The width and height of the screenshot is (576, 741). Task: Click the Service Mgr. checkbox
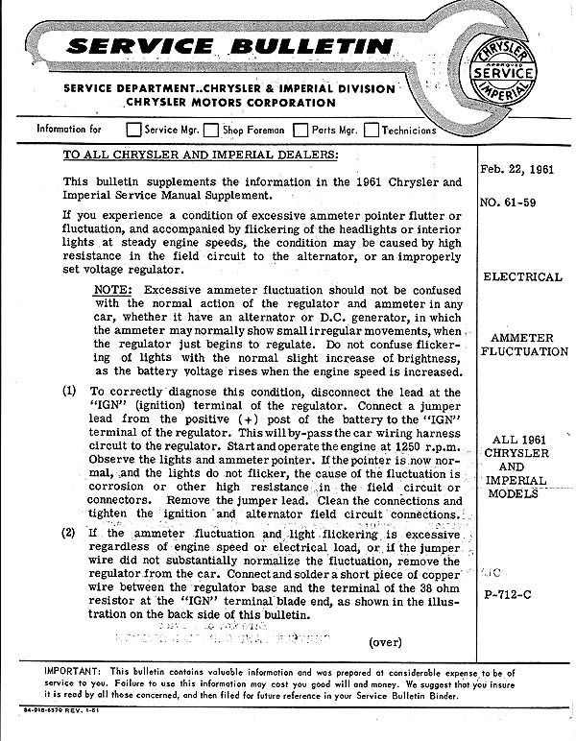point(134,130)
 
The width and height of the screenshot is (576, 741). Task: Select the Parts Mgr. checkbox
point(300,130)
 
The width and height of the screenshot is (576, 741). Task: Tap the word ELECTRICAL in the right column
point(522,276)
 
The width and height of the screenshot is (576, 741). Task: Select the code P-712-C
point(522,594)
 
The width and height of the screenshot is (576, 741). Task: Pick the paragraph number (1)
point(69,392)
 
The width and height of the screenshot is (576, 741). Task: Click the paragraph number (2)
point(69,533)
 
